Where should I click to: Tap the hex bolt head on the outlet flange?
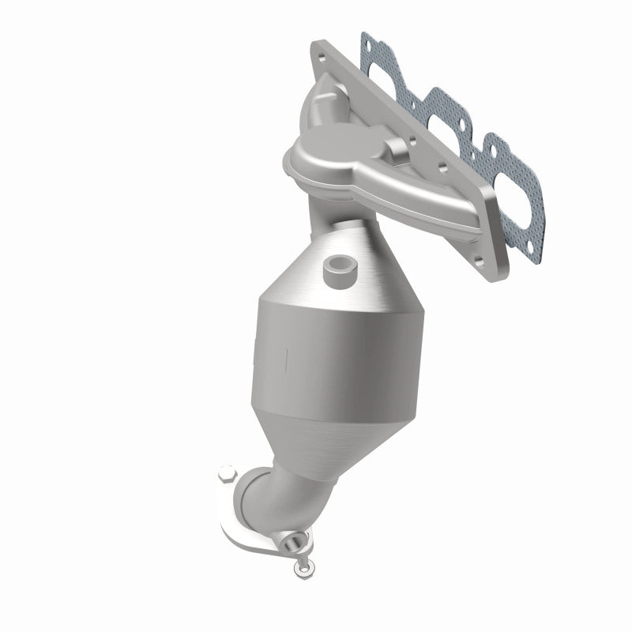click(227, 477)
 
